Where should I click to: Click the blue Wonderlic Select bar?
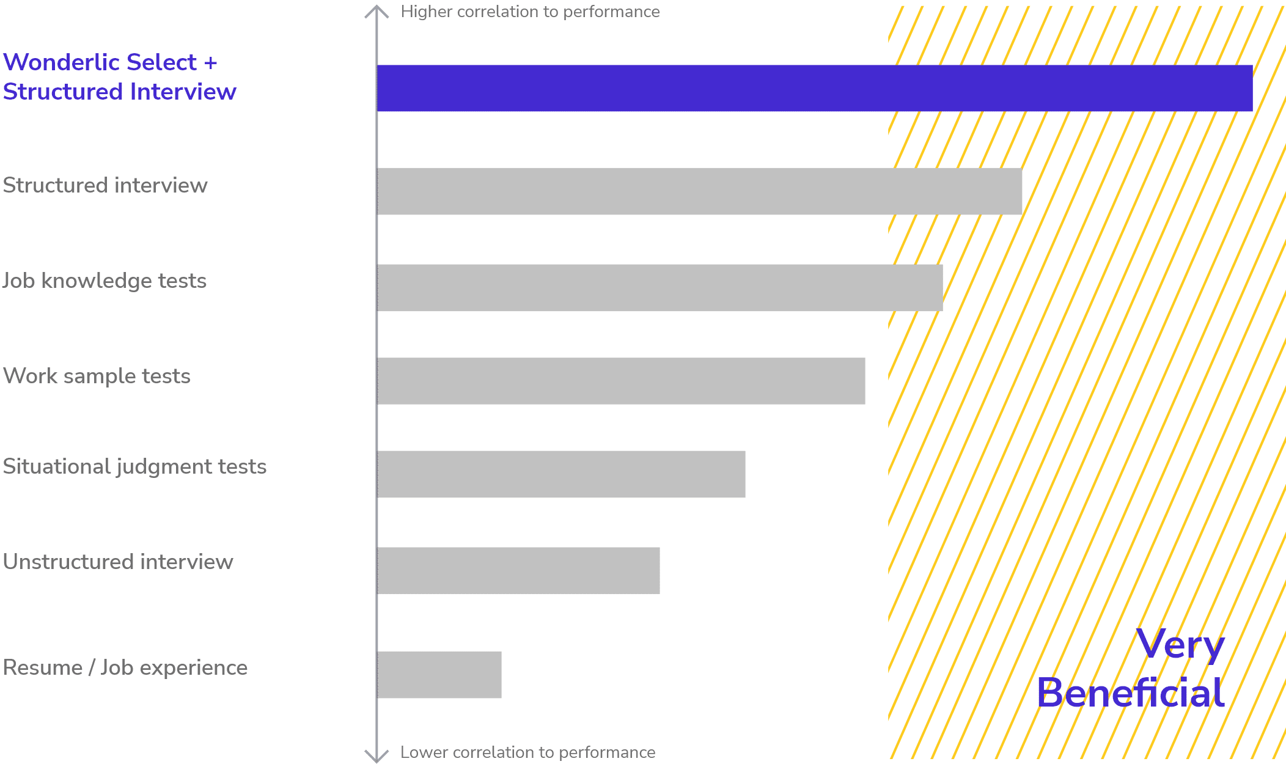(x=814, y=88)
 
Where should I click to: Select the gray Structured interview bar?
(x=699, y=191)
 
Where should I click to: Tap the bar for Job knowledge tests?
(x=660, y=288)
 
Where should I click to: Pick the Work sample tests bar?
(x=621, y=381)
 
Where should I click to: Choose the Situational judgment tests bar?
(x=561, y=474)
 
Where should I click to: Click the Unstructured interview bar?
(x=518, y=570)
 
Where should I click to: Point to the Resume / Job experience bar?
(x=439, y=675)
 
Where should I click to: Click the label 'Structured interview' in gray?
(x=105, y=185)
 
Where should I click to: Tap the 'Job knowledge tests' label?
(x=105, y=281)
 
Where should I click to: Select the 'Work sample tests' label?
(x=97, y=376)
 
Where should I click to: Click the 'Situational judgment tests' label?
(x=134, y=467)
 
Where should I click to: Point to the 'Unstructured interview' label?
(x=118, y=562)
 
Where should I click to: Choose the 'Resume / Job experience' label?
(x=125, y=667)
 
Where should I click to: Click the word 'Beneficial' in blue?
(x=1130, y=693)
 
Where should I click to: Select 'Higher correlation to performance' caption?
(x=530, y=12)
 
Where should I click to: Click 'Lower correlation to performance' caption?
(x=527, y=752)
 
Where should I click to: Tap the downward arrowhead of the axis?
(x=377, y=756)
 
